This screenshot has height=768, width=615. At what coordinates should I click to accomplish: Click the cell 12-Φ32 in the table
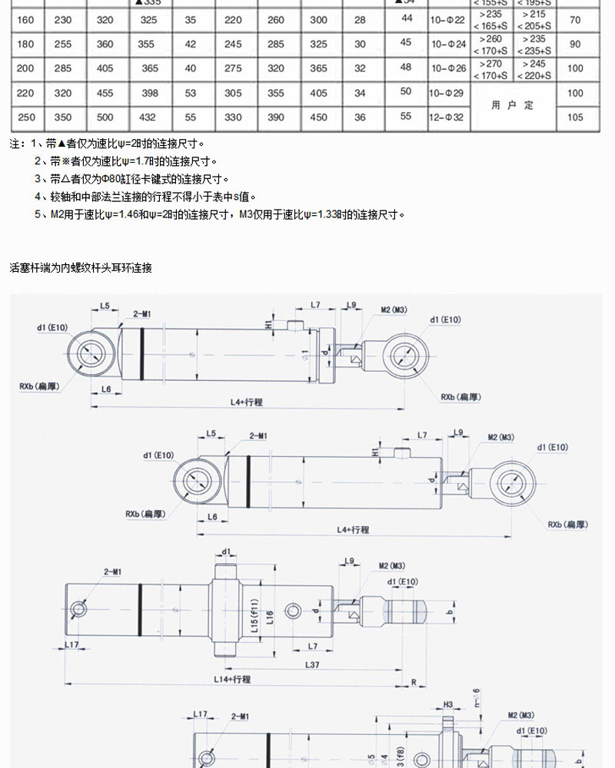click(448, 118)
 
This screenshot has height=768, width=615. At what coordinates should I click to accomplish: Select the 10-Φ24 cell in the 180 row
click(448, 44)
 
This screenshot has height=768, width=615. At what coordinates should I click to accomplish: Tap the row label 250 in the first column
click(25, 118)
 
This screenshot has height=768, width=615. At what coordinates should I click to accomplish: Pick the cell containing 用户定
click(512, 105)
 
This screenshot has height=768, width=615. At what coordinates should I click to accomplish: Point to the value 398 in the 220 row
click(150, 94)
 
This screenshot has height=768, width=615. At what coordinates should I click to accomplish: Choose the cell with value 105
click(575, 118)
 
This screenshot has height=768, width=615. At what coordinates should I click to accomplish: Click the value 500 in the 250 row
click(105, 118)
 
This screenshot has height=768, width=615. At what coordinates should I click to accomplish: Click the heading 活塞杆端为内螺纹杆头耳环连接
click(81, 268)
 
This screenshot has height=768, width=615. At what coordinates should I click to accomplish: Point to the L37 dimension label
click(312, 664)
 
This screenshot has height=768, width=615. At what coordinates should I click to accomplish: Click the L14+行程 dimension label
click(232, 679)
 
